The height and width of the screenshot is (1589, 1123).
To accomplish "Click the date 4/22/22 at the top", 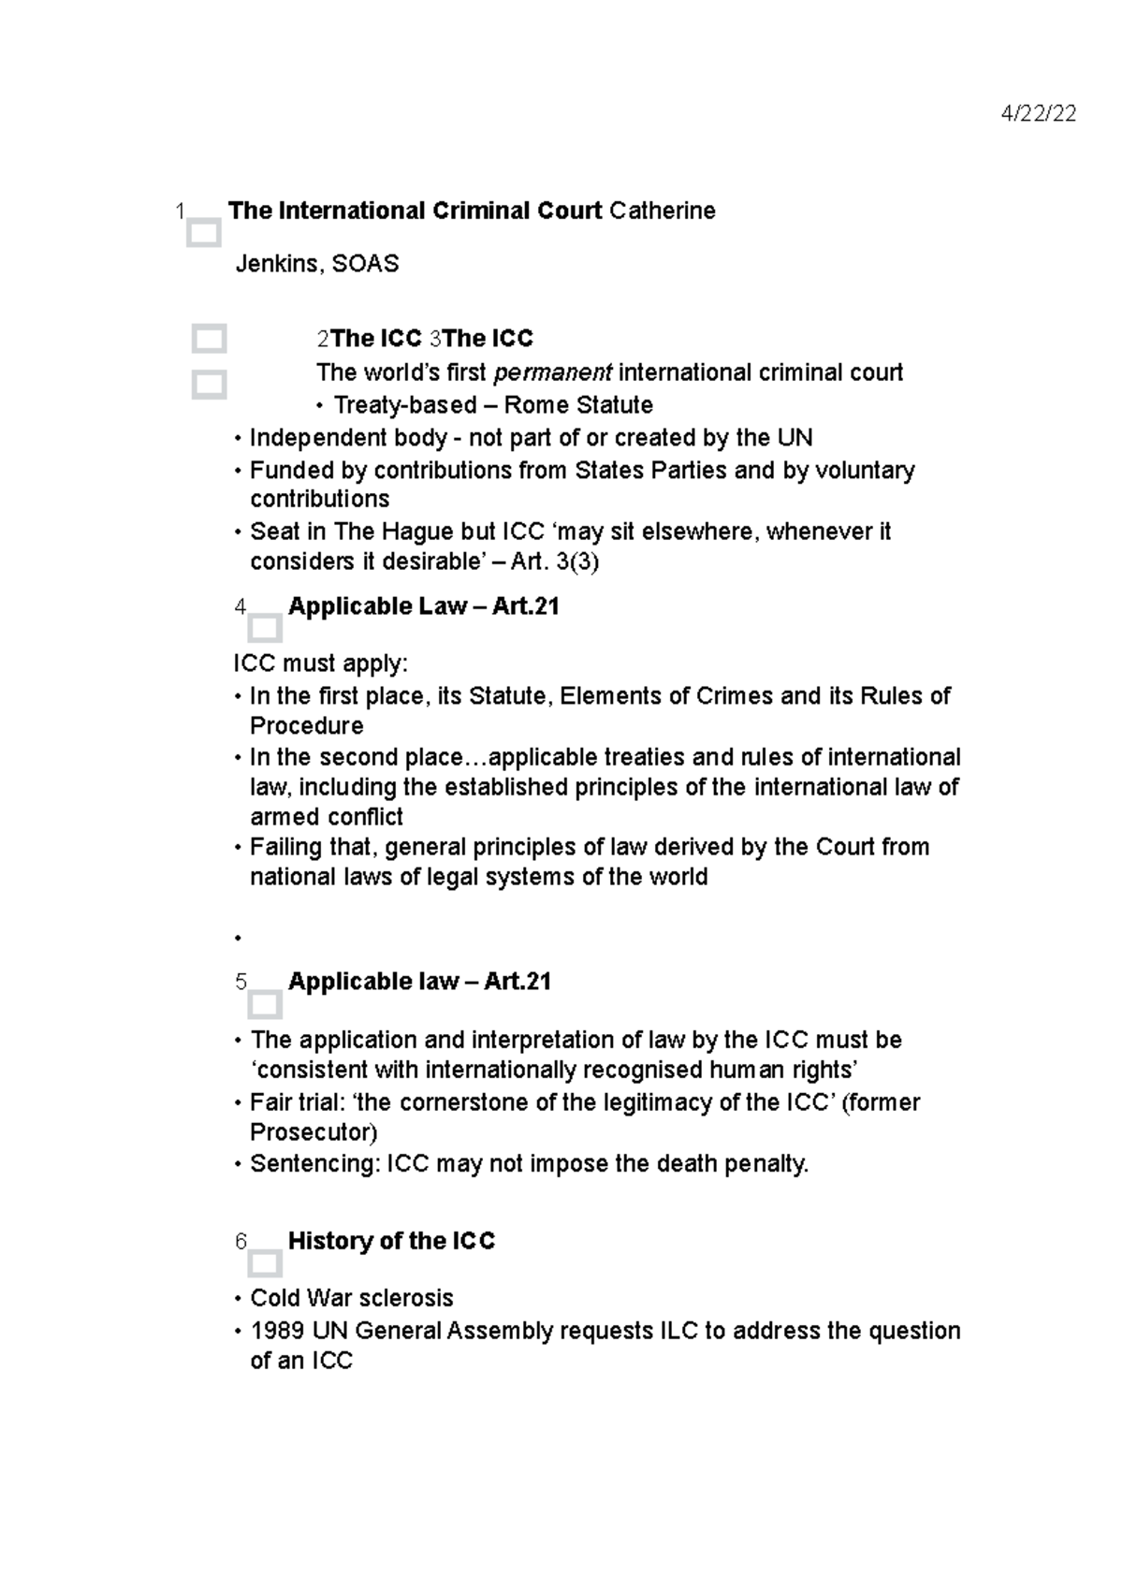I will (x=1038, y=114).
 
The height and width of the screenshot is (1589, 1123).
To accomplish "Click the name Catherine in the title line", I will (x=662, y=211).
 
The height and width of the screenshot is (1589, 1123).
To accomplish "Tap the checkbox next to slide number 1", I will (x=203, y=233).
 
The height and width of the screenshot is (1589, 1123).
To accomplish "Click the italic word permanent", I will (x=552, y=372).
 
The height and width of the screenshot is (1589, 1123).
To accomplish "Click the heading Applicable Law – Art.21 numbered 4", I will (x=423, y=606).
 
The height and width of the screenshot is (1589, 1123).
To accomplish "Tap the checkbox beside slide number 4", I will (x=265, y=628).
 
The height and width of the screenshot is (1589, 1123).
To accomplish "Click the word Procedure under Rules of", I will (x=306, y=726).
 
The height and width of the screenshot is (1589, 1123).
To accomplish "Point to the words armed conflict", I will (x=326, y=817).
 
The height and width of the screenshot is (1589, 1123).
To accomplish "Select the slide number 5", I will (x=241, y=982).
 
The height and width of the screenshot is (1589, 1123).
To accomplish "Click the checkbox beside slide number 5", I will (x=265, y=1005).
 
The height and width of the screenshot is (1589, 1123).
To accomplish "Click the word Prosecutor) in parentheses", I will (x=314, y=1132).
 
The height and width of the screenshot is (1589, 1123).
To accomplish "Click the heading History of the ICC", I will (x=391, y=1241).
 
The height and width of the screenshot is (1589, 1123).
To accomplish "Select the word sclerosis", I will (x=410, y=1298).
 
